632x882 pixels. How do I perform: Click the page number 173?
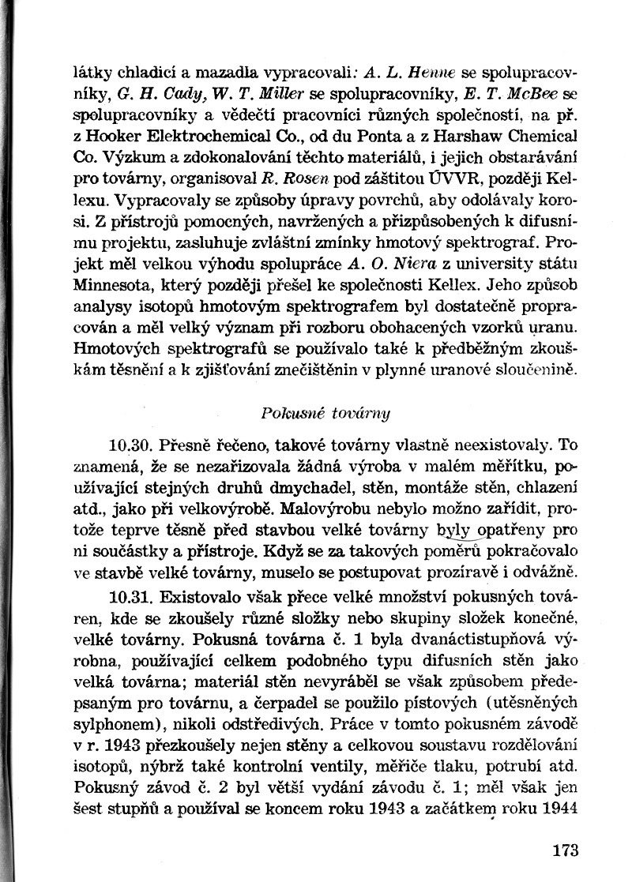566,850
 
